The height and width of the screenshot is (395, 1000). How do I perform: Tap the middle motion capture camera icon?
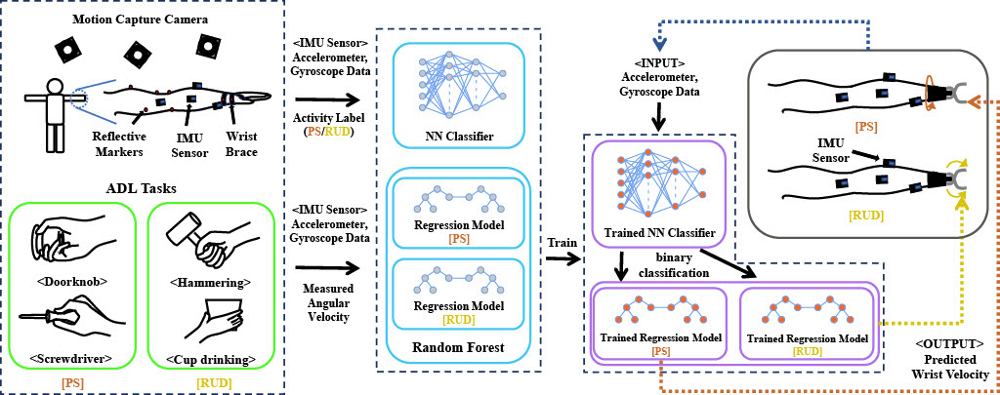pos(137,52)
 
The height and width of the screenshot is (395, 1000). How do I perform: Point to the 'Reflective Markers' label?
pos(118,144)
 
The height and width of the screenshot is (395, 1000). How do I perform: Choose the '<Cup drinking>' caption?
pos(212,359)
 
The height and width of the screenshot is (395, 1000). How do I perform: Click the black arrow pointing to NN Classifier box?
pos(326,99)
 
